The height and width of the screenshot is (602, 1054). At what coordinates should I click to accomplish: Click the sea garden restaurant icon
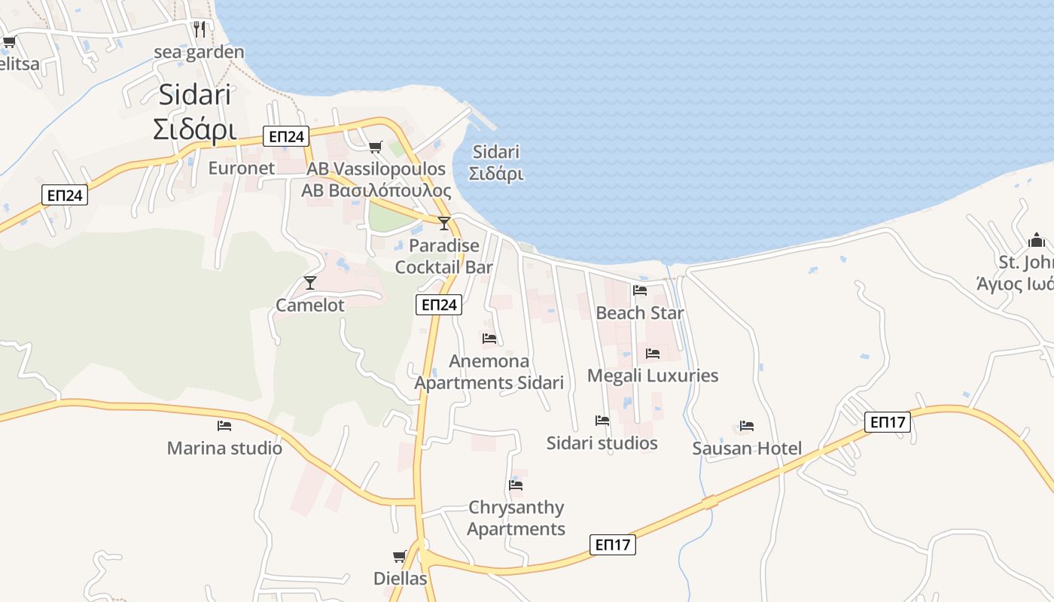(200, 29)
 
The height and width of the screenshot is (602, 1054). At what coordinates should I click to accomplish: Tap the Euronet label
(242, 168)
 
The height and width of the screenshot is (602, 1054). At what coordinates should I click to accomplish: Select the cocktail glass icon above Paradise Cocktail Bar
(444, 223)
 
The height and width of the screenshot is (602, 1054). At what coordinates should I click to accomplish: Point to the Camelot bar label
(310, 305)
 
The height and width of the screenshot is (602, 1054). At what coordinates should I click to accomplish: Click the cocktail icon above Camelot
(309, 283)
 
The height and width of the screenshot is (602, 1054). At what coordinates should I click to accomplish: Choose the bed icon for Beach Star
(640, 290)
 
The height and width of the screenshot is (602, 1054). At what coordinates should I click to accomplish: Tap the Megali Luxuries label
(653, 375)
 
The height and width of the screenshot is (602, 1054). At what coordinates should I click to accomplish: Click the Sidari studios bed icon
(602, 421)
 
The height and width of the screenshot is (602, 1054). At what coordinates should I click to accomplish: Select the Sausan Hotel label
(747, 449)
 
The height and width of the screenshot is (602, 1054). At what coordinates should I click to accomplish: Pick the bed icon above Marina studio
(224, 426)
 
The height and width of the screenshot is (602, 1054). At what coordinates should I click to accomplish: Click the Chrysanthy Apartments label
(516, 518)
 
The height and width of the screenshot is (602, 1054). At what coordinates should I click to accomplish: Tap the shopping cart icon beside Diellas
(400, 557)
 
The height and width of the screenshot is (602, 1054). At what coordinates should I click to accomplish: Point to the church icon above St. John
(1037, 241)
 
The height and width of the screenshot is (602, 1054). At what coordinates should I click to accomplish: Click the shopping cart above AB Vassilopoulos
(376, 147)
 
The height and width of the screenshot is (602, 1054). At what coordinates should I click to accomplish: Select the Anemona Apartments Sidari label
(489, 372)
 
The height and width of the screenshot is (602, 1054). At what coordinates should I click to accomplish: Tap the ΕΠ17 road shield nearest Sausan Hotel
(888, 422)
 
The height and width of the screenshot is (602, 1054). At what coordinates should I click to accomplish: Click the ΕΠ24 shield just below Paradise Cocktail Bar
(439, 305)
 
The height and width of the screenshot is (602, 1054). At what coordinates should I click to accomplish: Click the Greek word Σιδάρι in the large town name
(195, 129)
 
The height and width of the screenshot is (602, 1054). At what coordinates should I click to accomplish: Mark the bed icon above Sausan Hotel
(747, 426)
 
